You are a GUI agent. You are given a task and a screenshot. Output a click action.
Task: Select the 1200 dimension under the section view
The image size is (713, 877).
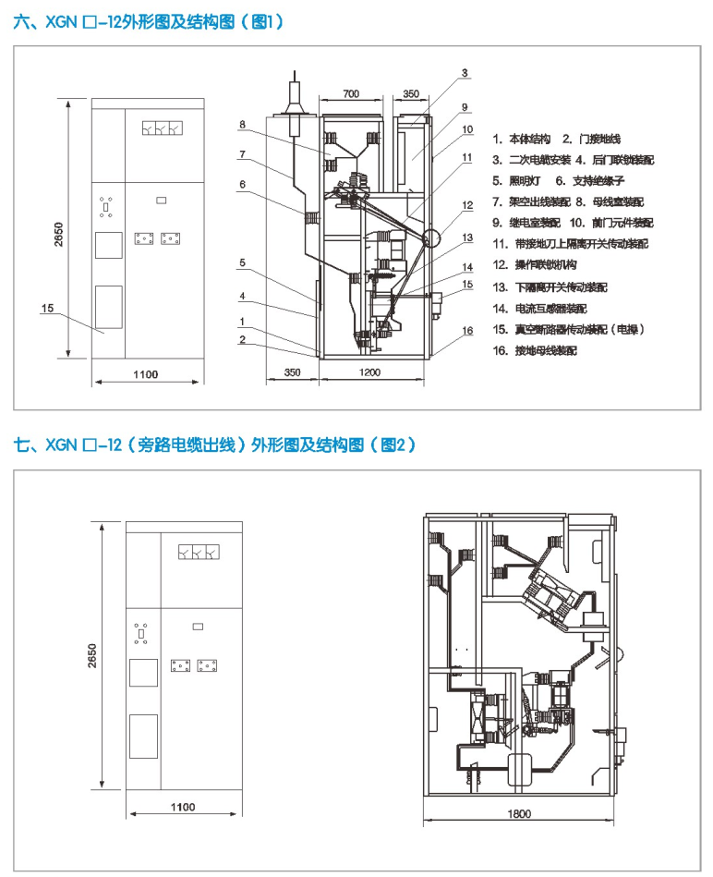pyautogui.click(x=370, y=372)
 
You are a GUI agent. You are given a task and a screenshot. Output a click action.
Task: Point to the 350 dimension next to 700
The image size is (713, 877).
pyautogui.click(x=412, y=94)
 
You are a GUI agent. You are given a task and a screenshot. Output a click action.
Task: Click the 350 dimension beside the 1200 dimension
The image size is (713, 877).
pyautogui.click(x=292, y=372)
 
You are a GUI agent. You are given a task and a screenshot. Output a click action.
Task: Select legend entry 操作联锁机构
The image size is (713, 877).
pyautogui.click(x=545, y=265)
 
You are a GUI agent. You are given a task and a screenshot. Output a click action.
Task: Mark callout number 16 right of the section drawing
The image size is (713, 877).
pyautogui.click(x=467, y=330)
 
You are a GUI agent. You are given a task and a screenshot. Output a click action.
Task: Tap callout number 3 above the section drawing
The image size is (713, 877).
pyautogui.click(x=465, y=72)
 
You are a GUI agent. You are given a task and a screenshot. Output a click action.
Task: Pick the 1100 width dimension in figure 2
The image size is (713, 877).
pyautogui.click(x=183, y=807)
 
